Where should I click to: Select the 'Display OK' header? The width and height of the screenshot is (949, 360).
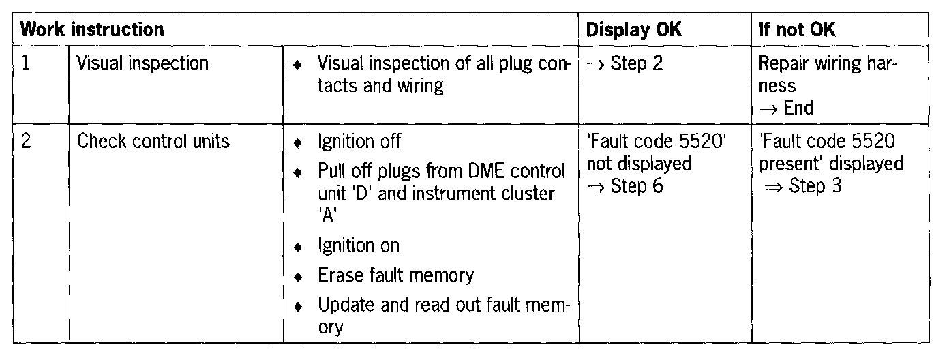click(x=633, y=30)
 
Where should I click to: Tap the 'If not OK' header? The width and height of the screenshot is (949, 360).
click(x=797, y=30)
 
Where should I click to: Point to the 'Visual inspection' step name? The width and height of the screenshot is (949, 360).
click(x=142, y=63)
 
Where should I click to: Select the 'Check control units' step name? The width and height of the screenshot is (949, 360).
click(x=153, y=142)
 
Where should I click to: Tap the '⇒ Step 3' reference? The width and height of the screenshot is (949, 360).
click(x=803, y=186)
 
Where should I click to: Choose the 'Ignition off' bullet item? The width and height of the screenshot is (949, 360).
click(x=359, y=142)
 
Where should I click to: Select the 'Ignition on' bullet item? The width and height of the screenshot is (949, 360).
click(x=359, y=245)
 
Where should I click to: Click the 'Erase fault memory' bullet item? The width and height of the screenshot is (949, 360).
click(x=395, y=275)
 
